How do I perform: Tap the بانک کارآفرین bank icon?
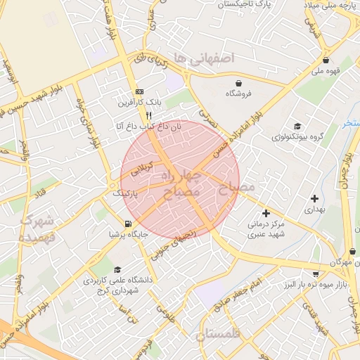(139, 91)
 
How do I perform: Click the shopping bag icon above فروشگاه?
(238, 83)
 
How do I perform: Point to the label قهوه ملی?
(328, 71)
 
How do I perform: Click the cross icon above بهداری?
(314, 198)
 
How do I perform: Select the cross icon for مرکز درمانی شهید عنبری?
(266, 212)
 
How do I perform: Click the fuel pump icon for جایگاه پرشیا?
(127, 224)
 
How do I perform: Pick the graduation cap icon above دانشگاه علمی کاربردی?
(117, 269)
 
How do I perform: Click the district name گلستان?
(219, 335)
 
